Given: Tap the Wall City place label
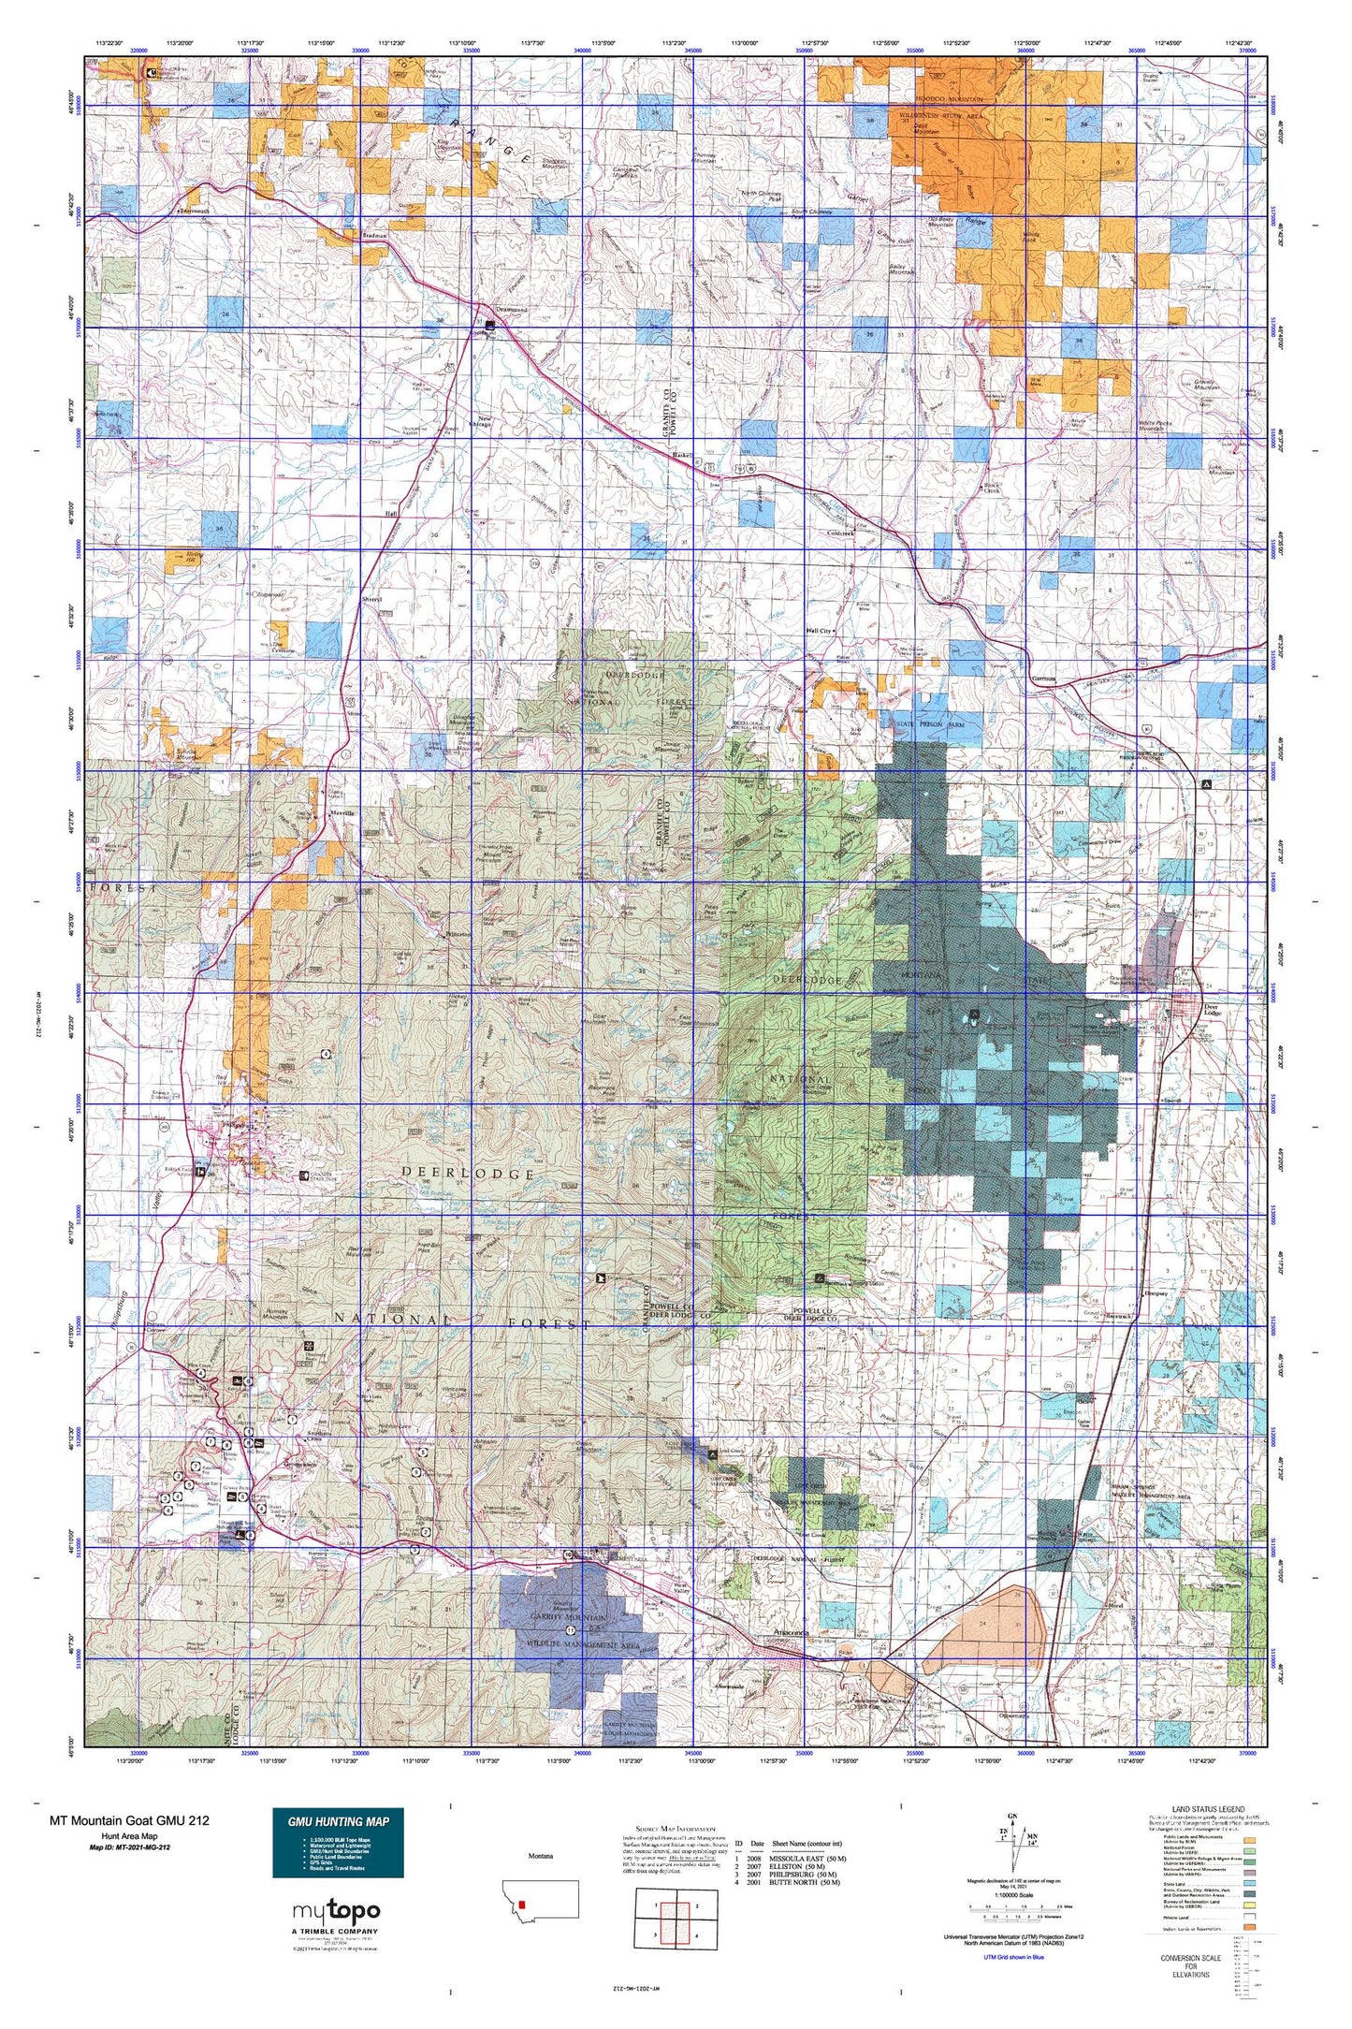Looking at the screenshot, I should (x=819, y=631).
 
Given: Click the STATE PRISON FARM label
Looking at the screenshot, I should (x=930, y=724).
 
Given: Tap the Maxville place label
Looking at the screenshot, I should (x=342, y=813).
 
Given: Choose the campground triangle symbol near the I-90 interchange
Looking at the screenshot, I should (x=1205, y=783).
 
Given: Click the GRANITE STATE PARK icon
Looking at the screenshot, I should (x=306, y=1176).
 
